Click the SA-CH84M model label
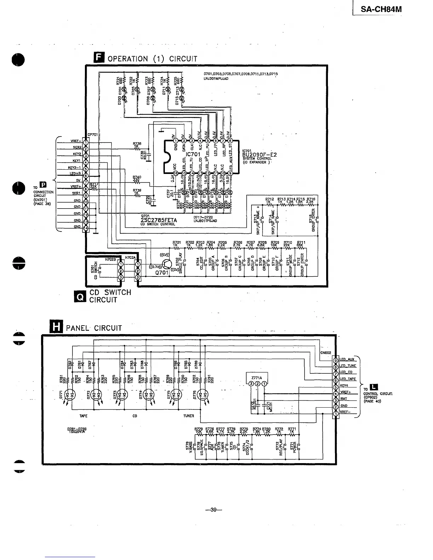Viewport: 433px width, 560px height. click(x=381, y=8)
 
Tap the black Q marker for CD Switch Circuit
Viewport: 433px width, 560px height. click(x=80, y=297)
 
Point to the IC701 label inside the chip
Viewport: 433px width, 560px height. click(x=194, y=154)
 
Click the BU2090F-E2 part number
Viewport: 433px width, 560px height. click(x=259, y=155)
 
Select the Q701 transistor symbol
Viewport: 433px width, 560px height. click(x=167, y=264)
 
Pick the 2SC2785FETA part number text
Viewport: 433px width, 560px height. click(x=159, y=220)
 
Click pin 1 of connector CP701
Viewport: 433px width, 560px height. click(x=86, y=142)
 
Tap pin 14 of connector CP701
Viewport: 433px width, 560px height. click(x=86, y=228)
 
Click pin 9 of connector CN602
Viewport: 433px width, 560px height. click(x=335, y=360)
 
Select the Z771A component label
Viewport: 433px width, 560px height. click(x=257, y=378)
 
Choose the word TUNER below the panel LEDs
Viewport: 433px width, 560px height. click(x=189, y=416)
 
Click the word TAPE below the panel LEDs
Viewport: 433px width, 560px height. click(x=84, y=416)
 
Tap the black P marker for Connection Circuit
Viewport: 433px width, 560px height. click(x=43, y=185)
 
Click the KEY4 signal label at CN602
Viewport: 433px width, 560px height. click(x=344, y=386)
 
